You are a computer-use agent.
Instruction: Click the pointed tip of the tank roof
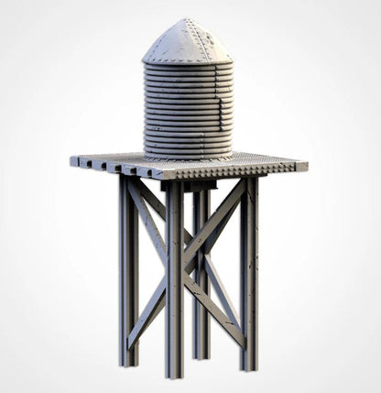[x=187, y=19]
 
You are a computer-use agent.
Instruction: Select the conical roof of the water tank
[x=187, y=41]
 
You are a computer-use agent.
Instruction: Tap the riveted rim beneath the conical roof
[x=187, y=62]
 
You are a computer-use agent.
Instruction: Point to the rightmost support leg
[x=248, y=266]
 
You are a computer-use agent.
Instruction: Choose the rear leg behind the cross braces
[x=201, y=275]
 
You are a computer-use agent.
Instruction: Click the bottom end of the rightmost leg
[x=249, y=366]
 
